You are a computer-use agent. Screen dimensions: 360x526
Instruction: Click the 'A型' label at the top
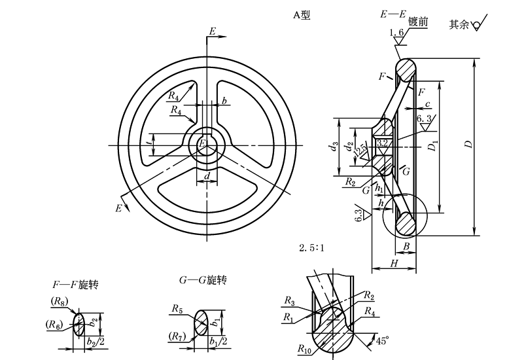301,14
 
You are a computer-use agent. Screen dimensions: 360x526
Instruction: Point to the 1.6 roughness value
396,33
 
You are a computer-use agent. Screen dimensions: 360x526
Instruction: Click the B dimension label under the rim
406,245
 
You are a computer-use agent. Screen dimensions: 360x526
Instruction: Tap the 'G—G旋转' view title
202,280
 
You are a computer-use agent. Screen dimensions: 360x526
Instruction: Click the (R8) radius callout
59,302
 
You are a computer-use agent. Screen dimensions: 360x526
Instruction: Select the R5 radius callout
177,308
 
